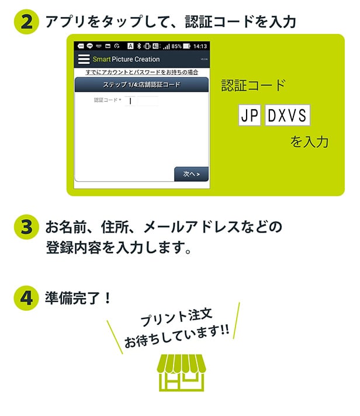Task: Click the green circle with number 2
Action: (x=26, y=22)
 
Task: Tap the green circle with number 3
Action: (x=26, y=227)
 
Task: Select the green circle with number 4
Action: (x=26, y=297)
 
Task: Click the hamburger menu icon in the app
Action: (x=84, y=59)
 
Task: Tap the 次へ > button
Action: (x=191, y=174)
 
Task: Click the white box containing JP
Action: (x=250, y=115)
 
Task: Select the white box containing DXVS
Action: (x=288, y=115)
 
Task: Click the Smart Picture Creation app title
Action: (x=126, y=59)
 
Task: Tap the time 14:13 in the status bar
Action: (x=200, y=46)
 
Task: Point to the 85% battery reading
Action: (x=176, y=46)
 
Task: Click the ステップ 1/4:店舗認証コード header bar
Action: (x=141, y=85)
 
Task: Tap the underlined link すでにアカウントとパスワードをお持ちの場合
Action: (x=141, y=72)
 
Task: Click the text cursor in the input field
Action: (x=130, y=101)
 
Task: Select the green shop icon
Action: (x=181, y=373)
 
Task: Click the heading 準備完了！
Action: (x=78, y=298)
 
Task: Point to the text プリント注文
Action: (x=176, y=317)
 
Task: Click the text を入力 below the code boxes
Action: (x=309, y=141)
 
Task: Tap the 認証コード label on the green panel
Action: (x=254, y=85)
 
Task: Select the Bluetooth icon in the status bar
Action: (x=139, y=46)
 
